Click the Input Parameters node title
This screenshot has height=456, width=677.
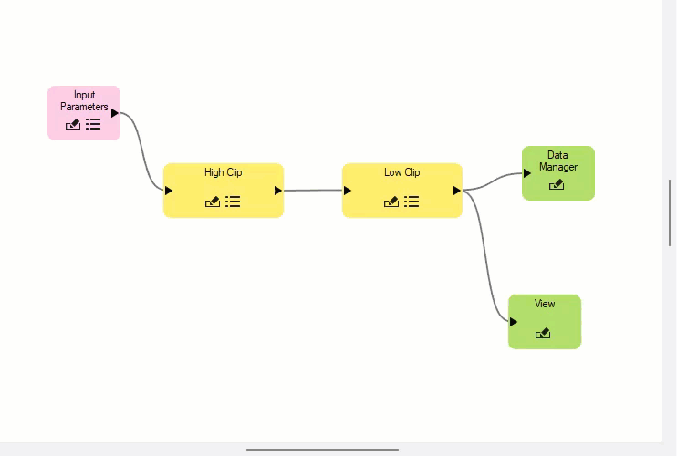[x=84, y=100]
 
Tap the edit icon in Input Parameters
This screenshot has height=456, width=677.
[x=73, y=124]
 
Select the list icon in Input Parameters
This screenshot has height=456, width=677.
[x=93, y=124]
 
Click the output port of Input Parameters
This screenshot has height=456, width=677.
[x=115, y=113]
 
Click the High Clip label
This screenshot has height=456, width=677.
[x=224, y=172]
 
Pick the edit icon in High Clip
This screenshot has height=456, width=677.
[x=213, y=202]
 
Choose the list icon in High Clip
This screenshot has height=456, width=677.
[x=233, y=202]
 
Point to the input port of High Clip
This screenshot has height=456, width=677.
[x=169, y=191]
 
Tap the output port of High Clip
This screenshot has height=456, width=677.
[x=278, y=191]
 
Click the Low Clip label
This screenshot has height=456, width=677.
[x=402, y=172]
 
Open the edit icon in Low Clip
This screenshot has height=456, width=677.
[x=391, y=202]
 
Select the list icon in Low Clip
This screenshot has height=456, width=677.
[x=411, y=202]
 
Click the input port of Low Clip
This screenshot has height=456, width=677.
[x=348, y=191]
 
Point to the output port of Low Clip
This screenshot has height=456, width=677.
[x=457, y=191]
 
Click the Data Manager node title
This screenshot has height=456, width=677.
[x=558, y=161]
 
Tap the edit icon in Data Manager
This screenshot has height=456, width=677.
[x=557, y=185]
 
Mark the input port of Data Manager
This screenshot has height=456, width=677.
[x=527, y=173]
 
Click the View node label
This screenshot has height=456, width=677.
[x=545, y=304]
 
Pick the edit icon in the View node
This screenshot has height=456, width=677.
[x=543, y=334]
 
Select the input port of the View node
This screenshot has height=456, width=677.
[x=514, y=322]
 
